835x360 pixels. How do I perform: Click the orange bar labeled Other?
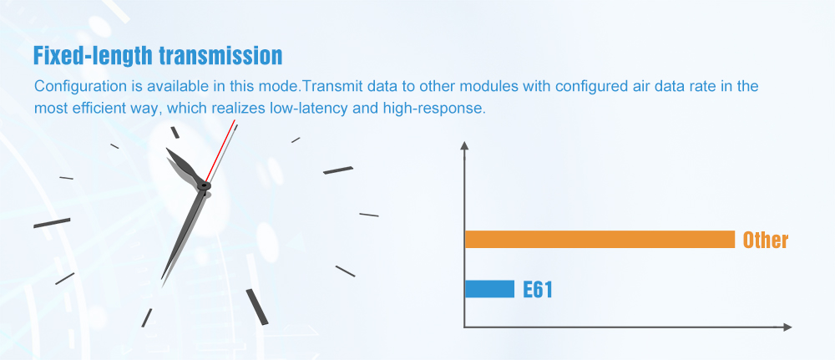click(x=600, y=239)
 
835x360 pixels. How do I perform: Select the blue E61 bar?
click(x=489, y=289)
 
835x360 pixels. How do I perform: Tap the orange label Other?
click(x=765, y=241)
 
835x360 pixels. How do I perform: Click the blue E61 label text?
click(x=537, y=290)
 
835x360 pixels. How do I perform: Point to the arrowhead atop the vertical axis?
click(x=464, y=145)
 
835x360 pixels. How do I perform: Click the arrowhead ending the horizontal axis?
click(x=787, y=327)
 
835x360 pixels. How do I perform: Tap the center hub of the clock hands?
click(x=204, y=186)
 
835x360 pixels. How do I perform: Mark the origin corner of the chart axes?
click(x=465, y=327)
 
